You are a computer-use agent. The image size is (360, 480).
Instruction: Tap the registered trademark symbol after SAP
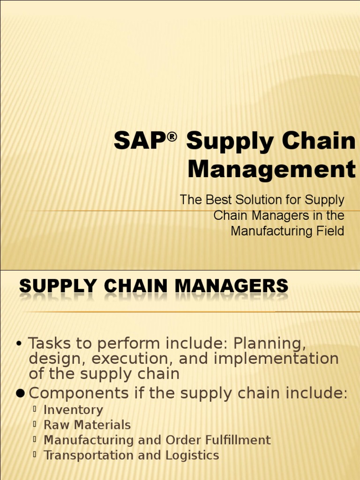coord(172,136)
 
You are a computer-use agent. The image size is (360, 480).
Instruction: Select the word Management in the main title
coord(271,169)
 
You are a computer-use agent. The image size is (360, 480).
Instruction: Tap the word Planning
coord(270,344)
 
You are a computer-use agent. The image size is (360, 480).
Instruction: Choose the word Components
coord(79,393)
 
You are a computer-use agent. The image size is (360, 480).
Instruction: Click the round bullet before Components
coord(20,394)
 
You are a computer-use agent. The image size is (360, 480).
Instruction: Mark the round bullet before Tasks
coord(19,344)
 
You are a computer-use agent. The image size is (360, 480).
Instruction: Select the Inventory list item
coord(73,410)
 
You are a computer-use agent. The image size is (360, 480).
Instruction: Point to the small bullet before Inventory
coord(35,409)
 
